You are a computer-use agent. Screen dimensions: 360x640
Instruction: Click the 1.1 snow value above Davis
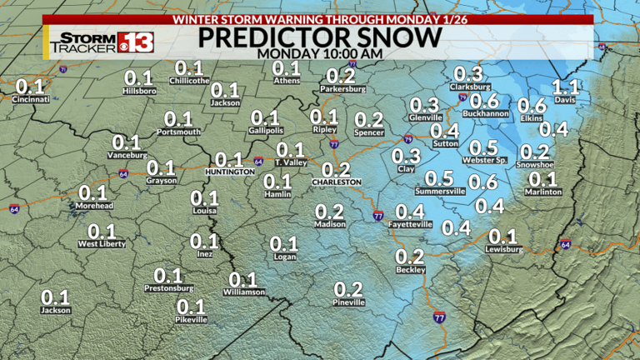(x=565, y=87)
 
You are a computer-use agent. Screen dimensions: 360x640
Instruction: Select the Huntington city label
(x=229, y=172)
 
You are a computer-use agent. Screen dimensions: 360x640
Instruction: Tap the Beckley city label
(x=410, y=270)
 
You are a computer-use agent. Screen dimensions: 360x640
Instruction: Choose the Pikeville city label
(x=191, y=320)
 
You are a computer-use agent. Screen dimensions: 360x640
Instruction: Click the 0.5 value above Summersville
(x=440, y=178)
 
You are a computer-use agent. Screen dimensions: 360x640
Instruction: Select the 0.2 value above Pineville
(x=348, y=289)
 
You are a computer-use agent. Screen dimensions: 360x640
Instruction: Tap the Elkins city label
(x=532, y=118)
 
